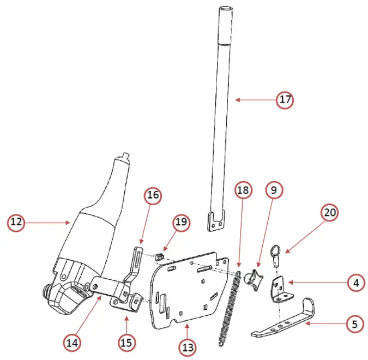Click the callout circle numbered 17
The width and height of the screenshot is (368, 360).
(x=284, y=100)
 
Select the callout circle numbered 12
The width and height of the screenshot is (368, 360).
(x=16, y=222)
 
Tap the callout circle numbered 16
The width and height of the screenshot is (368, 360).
(x=153, y=195)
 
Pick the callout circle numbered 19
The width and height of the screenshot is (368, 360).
(x=182, y=223)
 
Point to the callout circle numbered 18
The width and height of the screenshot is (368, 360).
(x=244, y=190)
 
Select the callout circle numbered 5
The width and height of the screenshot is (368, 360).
(x=355, y=323)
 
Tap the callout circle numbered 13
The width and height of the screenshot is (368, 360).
(x=189, y=346)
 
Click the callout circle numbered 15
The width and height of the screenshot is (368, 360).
(x=127, y=342)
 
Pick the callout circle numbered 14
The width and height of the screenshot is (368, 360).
(x=73, y=343)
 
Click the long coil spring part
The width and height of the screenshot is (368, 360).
(x=230, y=308)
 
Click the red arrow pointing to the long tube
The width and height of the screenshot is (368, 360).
(x=256, y=100)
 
